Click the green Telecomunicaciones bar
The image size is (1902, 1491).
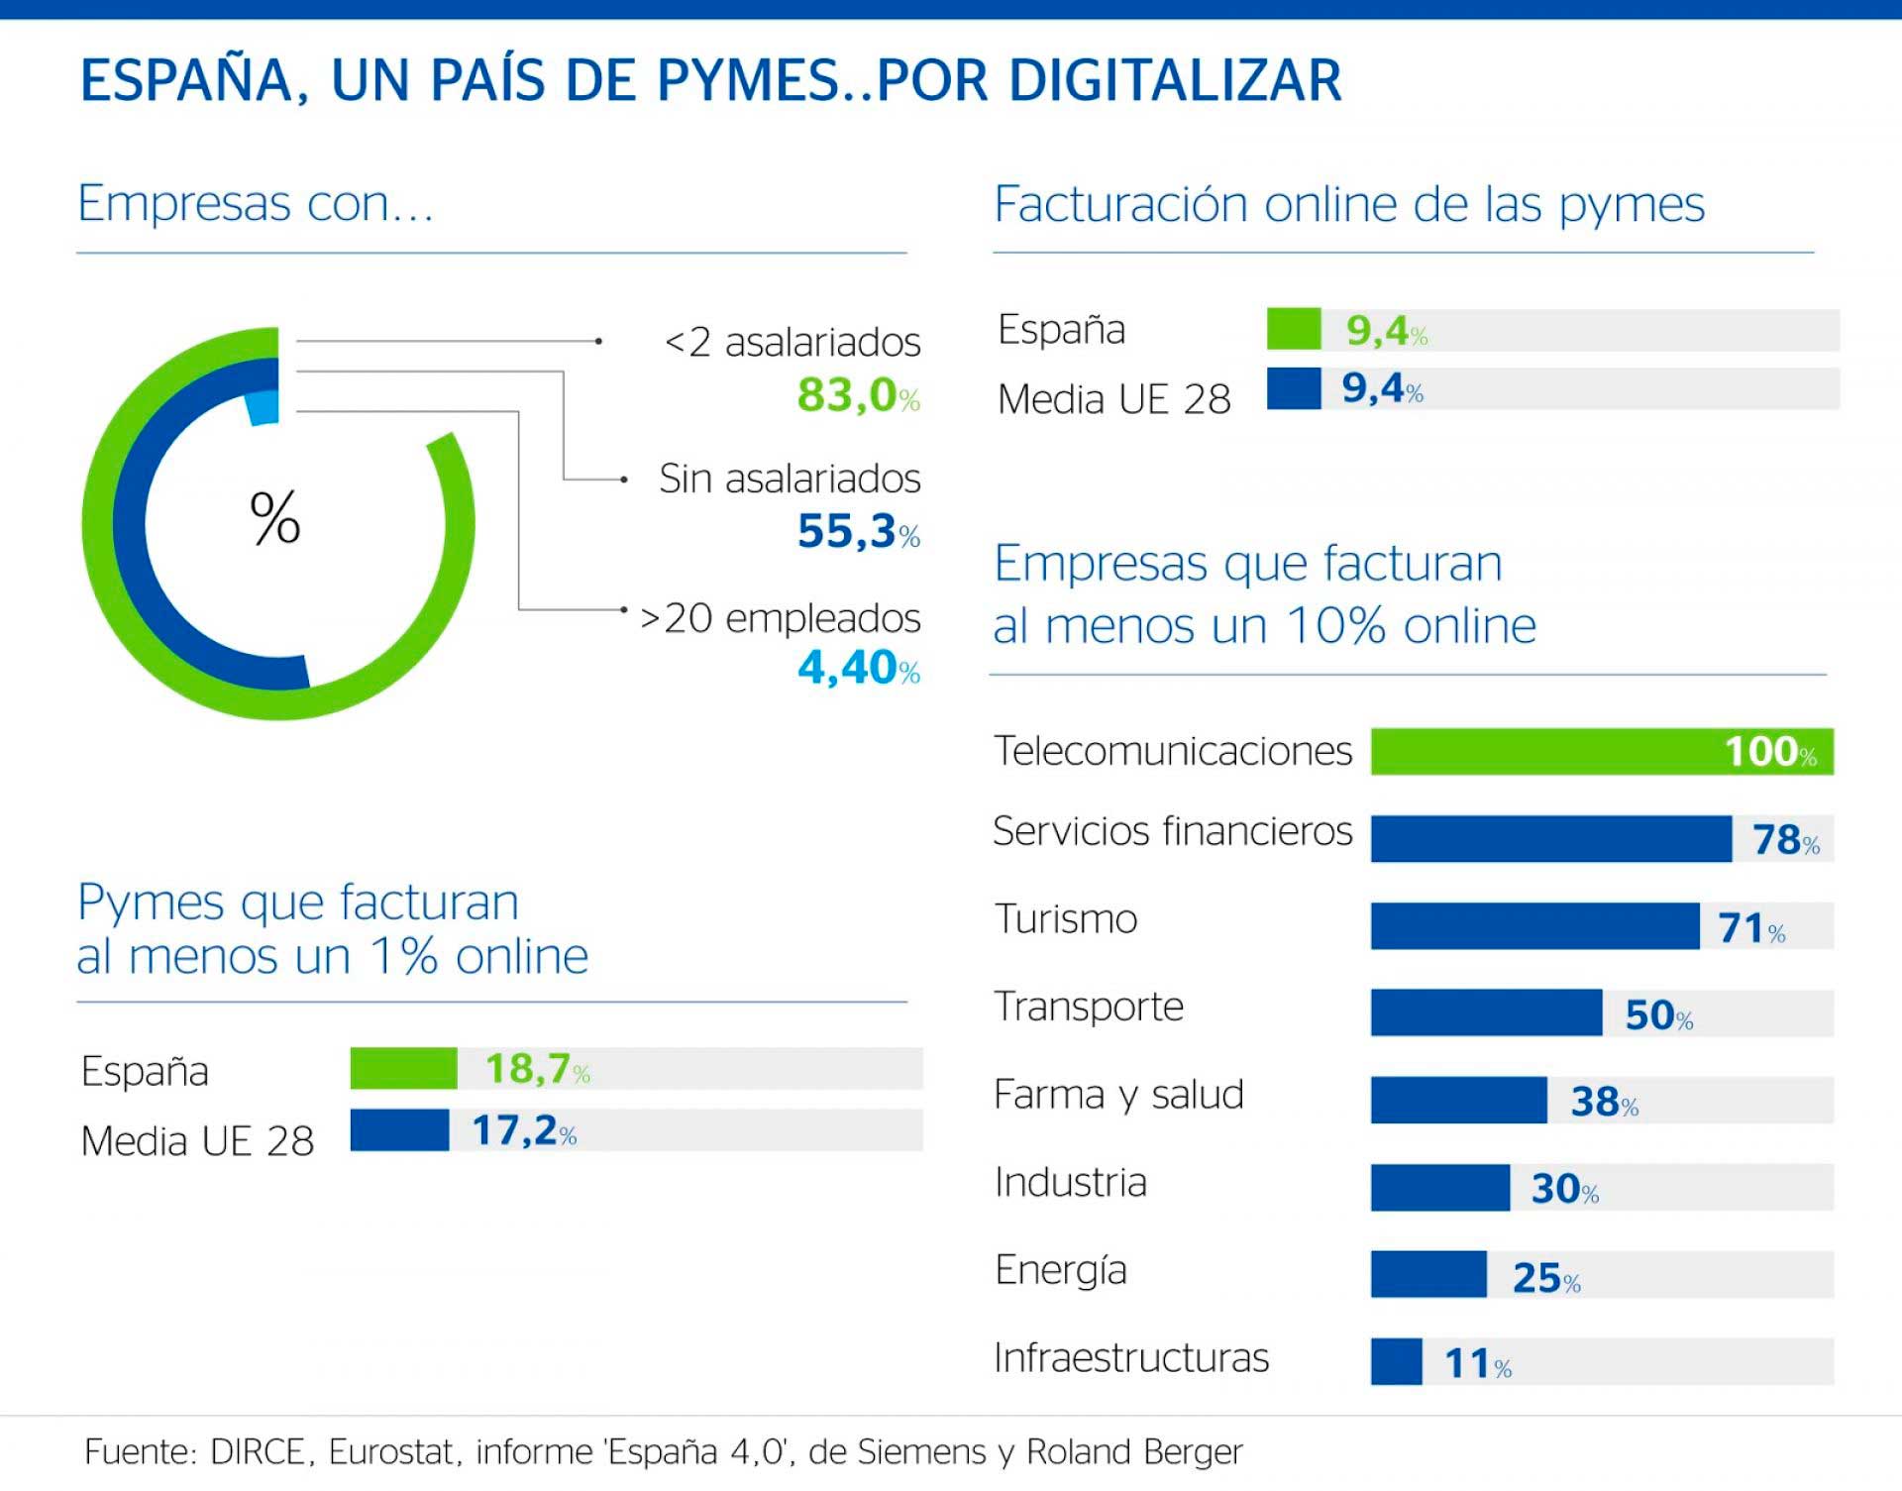tap(1545, 751)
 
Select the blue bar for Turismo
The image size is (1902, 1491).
tap(1534, 925)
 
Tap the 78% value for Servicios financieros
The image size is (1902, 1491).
tap(1785, 839)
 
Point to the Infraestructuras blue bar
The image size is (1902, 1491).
tap(1396, 1361)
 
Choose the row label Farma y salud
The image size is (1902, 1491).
tap(1118, 1095)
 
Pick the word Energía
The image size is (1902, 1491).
tap(1060, 1270)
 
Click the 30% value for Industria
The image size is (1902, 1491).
tap(1564, 1188)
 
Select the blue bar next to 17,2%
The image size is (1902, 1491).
tap(399, 1129)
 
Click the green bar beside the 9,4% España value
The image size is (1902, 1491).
tap(1294, 329)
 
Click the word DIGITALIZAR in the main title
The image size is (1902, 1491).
tap(1175, 80)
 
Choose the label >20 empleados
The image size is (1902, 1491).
tap(781, 618)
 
